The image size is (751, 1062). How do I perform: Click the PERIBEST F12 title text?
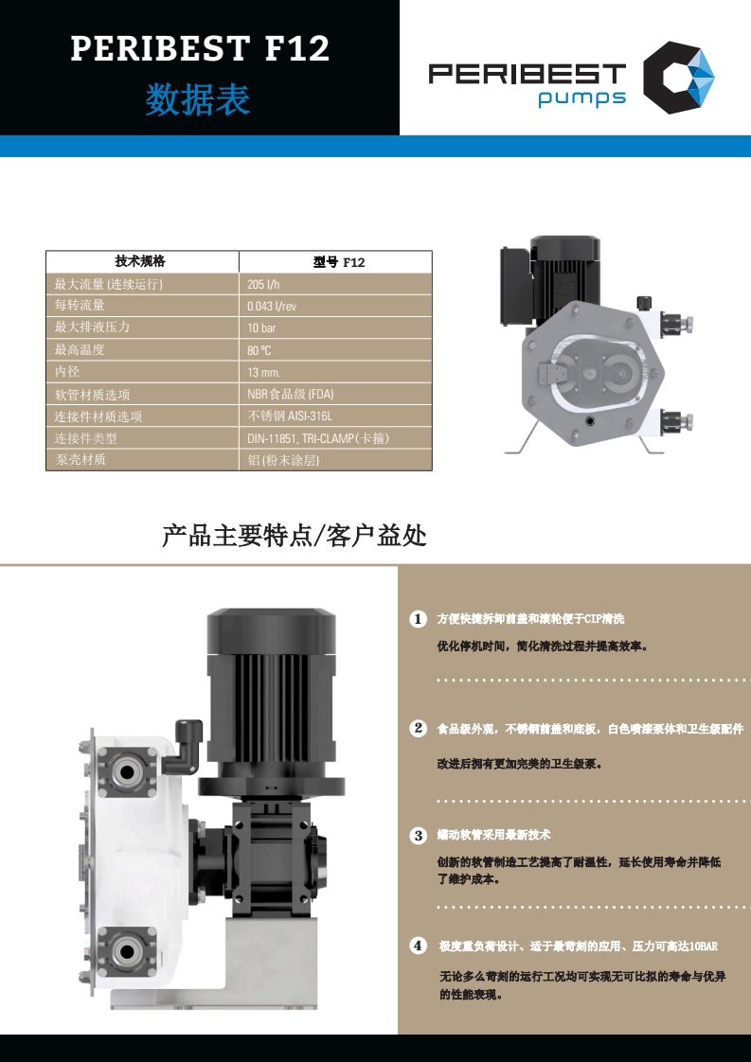200,49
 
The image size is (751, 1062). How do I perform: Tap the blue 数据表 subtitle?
198,99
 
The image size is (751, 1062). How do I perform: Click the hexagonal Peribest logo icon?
678,77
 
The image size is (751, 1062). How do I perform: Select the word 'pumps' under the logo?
581,97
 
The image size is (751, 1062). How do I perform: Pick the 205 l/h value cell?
263,285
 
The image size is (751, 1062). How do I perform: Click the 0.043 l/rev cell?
272,306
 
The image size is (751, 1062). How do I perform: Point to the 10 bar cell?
261,327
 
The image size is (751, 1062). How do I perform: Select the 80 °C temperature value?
259,350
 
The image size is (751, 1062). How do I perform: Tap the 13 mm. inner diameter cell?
263,372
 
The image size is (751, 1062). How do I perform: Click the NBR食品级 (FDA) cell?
290,394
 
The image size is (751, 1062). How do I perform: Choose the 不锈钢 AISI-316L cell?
290,416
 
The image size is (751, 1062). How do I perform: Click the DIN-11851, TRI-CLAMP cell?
318,438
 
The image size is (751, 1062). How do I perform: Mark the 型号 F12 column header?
339,262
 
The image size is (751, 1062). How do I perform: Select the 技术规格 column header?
140,261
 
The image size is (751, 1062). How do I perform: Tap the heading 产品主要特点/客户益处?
295,536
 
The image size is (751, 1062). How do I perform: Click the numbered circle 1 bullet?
419,619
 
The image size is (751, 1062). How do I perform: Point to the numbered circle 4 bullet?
419,946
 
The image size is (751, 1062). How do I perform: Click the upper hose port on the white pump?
127,770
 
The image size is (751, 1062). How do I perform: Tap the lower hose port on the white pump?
127,951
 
